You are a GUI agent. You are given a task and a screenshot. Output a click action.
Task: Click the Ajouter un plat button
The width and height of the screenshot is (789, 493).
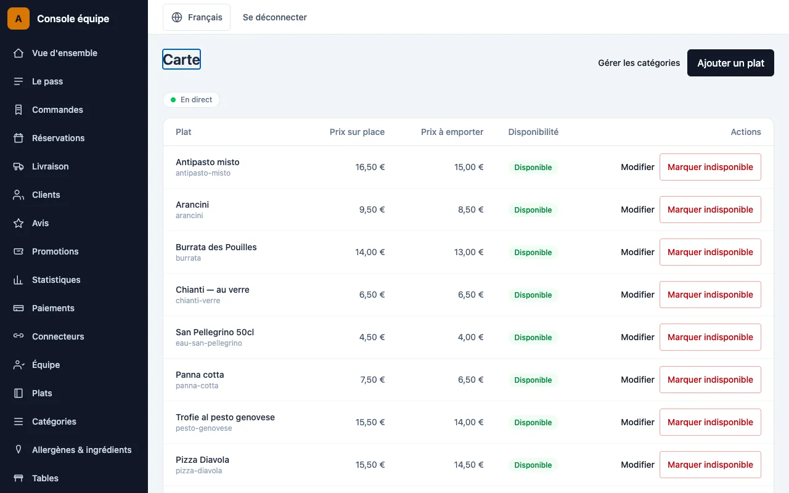tap(730, 63)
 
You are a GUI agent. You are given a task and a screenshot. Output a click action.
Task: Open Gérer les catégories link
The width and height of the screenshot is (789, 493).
tap(639, 63)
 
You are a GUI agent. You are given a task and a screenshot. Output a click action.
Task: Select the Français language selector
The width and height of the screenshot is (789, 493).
tap(197, 17)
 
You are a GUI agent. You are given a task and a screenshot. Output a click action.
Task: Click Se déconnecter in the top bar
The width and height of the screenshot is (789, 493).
tap(275, 17)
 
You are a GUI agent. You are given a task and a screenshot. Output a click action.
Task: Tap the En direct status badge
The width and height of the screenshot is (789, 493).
tap(191, 100)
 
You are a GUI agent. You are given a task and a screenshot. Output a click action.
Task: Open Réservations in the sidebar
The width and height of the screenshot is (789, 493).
tap(58, 138)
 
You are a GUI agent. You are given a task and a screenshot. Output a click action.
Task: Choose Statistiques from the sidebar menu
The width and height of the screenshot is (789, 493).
tap(56, 280)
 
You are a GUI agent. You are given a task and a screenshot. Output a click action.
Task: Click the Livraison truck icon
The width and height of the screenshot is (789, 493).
tap(18, 166)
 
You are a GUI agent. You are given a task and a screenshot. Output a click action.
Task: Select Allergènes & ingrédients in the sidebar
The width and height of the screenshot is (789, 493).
tap(81, 450)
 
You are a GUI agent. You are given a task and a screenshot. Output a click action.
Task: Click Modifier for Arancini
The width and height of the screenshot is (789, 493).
tap(637, 210)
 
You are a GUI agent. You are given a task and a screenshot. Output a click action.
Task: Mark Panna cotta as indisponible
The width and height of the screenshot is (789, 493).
tap(710, 380)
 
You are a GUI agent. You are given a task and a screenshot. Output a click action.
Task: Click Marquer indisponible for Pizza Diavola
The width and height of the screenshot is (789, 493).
tap(710, 465)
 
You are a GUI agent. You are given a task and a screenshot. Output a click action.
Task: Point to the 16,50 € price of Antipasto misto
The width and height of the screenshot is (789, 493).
tap(370, 167)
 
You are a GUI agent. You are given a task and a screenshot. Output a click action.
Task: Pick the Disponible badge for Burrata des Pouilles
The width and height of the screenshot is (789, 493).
tap(533, 252)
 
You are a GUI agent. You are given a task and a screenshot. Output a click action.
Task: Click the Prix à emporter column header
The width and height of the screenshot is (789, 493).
tap(452, 132)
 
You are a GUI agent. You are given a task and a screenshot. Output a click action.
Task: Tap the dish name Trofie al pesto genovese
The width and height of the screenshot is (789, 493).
tap(225, 417)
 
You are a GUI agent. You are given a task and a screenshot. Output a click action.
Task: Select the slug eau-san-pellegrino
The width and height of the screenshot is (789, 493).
tap(209, 343)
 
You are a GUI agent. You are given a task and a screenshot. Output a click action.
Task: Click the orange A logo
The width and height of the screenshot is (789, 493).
tap(18, 18)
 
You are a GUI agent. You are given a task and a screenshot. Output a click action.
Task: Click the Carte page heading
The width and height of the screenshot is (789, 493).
tap(181, 60)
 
